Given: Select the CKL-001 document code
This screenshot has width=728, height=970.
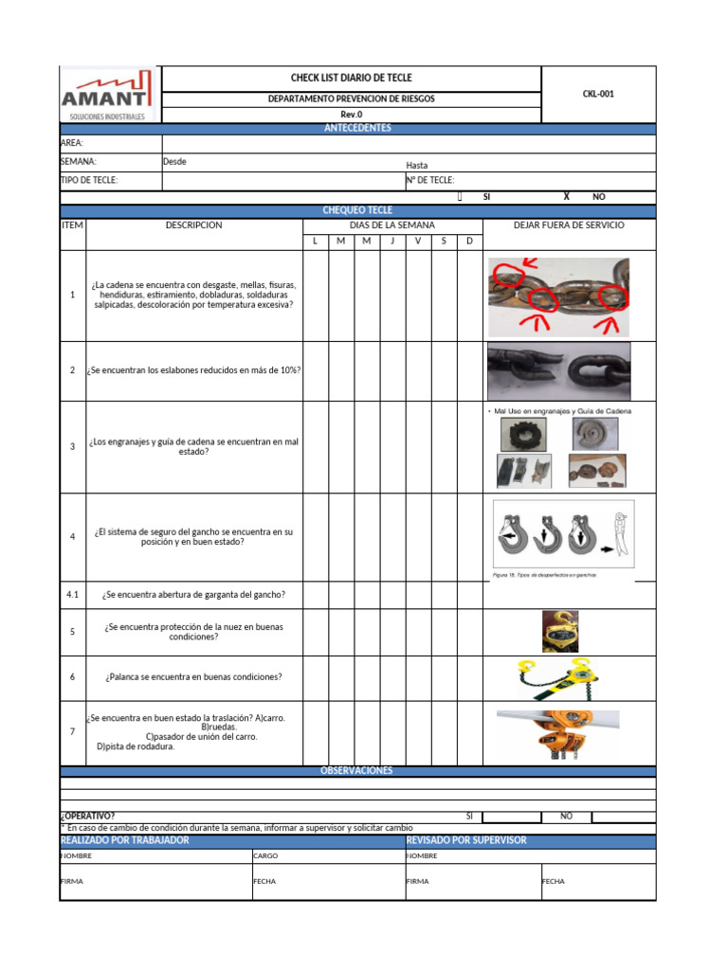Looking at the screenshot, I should pyautogui.click(x=598, y=94).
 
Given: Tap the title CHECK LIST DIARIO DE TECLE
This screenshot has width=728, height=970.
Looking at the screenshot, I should pyautogui.click(x=351, y=78).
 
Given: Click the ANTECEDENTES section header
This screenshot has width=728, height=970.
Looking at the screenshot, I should pyautogui.click(x=357, y=129).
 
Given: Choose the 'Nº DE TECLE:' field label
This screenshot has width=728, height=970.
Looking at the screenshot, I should pyautogui.click(x=430, y=180).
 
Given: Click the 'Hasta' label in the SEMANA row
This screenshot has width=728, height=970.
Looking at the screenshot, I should pyautogui.click(x=417, y=165).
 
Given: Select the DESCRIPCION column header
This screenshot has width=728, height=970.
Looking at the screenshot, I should pyautogui.click(x=193, y=225).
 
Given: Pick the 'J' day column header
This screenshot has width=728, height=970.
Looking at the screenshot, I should pyautogui.click(x=392, y=242).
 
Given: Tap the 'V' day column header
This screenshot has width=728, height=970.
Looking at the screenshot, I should pyautogui.click(x=418, y=242).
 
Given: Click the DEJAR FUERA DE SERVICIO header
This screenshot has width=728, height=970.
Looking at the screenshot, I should pyautogui.click(x=569, y=225).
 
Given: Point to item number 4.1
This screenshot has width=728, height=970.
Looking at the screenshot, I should pyautogui.click(x=72, y=596).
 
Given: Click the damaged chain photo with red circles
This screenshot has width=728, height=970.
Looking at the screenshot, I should pyautogui.click(x=558, y=296).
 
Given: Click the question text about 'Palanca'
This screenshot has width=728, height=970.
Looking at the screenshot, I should pyautogui.click(x=193, y=677).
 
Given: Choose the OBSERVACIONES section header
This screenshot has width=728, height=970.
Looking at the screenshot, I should pyautogui.click(x=356, y=771).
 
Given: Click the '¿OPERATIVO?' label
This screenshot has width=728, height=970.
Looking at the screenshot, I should pyautogui.click(x=88, y=816).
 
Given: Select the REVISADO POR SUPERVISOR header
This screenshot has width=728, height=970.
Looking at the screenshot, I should pyautogui.click(x=465, y=840).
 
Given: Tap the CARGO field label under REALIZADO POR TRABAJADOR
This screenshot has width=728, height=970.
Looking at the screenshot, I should pyautogui.click(x=265, y=855).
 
